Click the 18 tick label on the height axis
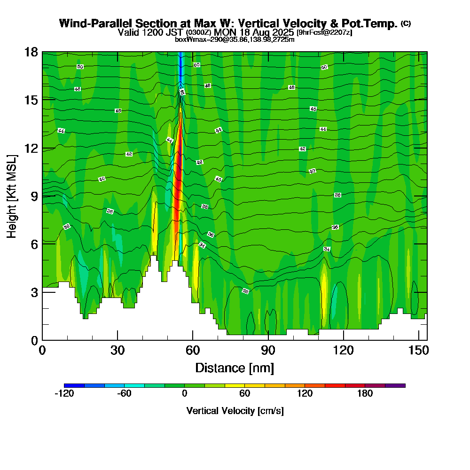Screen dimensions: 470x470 point(31,52)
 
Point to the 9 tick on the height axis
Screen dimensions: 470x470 point(42,196)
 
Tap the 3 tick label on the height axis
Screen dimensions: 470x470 point(34,292)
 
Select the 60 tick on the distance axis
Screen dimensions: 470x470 point(193,340)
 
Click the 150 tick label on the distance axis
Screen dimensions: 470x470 point(418,351)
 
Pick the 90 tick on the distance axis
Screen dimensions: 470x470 point(268,340)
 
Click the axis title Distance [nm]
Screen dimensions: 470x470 point(235,368)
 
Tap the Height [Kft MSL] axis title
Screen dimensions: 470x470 point(12,196)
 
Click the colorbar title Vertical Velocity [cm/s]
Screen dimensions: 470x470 point(235,411)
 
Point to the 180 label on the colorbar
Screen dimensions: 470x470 point(365,394)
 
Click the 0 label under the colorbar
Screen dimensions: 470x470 point(185,394)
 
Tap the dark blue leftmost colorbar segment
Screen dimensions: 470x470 point(74,385)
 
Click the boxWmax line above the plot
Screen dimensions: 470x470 point(235,39)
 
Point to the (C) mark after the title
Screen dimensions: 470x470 point(406,23)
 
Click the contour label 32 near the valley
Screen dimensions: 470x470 point(245,291)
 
